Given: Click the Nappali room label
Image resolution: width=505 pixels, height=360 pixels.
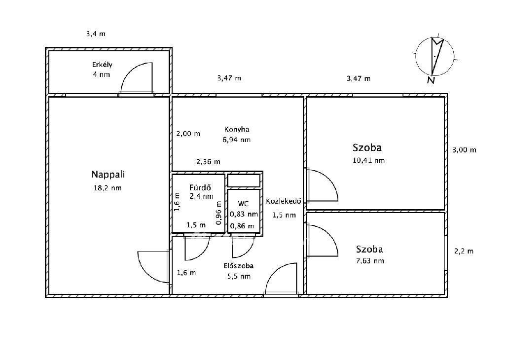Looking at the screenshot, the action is click(108, 175).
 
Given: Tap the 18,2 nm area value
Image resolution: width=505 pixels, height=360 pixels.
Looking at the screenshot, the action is click(108, 188).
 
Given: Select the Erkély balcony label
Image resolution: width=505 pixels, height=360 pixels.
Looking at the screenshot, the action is click(102, 65).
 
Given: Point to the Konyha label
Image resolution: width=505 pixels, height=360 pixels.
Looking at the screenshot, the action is click(237, 129).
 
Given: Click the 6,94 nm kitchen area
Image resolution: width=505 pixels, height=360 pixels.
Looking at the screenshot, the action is click(236, 140).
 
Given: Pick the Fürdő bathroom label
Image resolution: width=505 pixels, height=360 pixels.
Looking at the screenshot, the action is click(200, 187).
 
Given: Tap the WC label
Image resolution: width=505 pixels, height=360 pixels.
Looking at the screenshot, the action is click(243, 204).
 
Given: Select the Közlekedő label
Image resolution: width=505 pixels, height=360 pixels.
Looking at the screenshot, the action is click(284, 201).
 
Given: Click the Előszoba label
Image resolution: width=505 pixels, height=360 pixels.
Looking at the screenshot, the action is click(239, 266).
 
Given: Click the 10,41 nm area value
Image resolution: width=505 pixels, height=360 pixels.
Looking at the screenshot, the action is click(369, 160).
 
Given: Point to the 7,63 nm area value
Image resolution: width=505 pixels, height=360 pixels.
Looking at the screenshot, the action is click(370, 261).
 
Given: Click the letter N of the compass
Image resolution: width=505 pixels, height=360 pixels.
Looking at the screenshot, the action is click(431, 80).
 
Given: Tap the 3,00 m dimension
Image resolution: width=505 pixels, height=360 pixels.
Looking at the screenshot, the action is click(464, 150).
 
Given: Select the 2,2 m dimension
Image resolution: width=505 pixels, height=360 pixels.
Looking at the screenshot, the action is click(464, 251).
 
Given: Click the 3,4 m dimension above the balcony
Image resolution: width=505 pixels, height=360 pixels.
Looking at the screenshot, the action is click(96, 34).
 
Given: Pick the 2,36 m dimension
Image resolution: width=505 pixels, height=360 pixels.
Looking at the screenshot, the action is click(209, 162).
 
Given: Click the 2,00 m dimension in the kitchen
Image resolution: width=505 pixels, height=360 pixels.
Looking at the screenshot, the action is click(188, 134).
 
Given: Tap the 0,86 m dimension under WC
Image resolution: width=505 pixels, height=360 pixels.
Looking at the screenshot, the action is click(242, 226).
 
